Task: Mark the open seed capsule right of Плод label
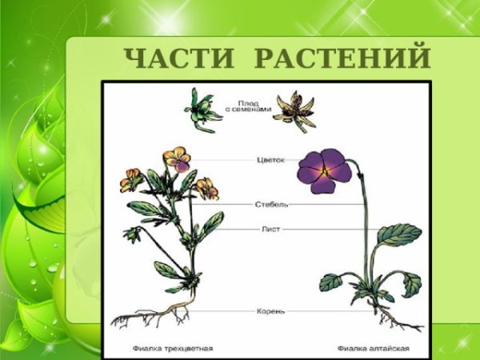(x=294, y=110)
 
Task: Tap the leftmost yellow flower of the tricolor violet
(x=130, y=180)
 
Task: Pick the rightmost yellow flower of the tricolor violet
(x=206, y=187)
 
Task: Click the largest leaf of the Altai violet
(x=399, y=234)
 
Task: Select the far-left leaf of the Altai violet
(x=330, y=282)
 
